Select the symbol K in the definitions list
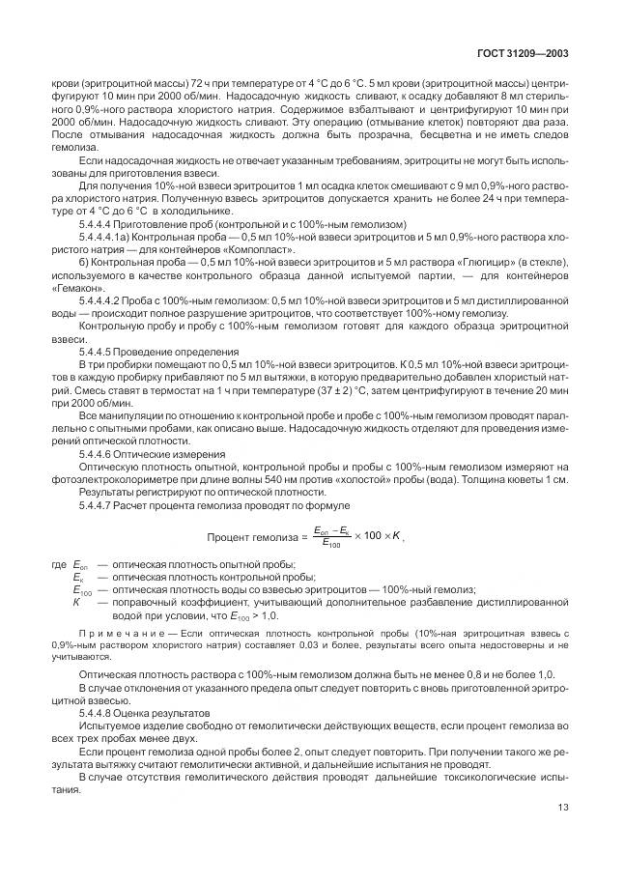click(76, 601)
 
